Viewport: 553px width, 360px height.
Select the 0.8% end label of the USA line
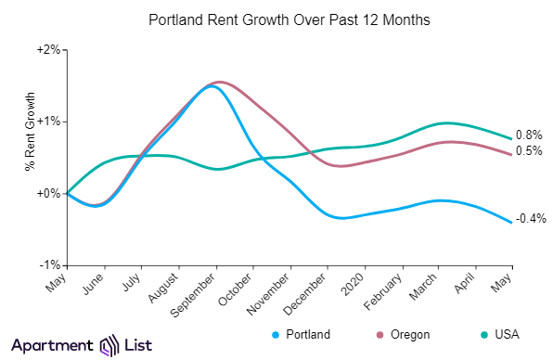pyautogui.click(x=530, y=135)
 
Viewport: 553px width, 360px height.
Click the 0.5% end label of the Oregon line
pyautogui.click(x=530, y=151)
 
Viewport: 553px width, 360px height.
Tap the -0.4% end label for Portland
pyautogui.click(x=531, y=219)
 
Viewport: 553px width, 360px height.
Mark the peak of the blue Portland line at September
pyautogui.click(x=212, y=86)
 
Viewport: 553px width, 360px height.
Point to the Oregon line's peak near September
pyautogui.click(x=219, y=82)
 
